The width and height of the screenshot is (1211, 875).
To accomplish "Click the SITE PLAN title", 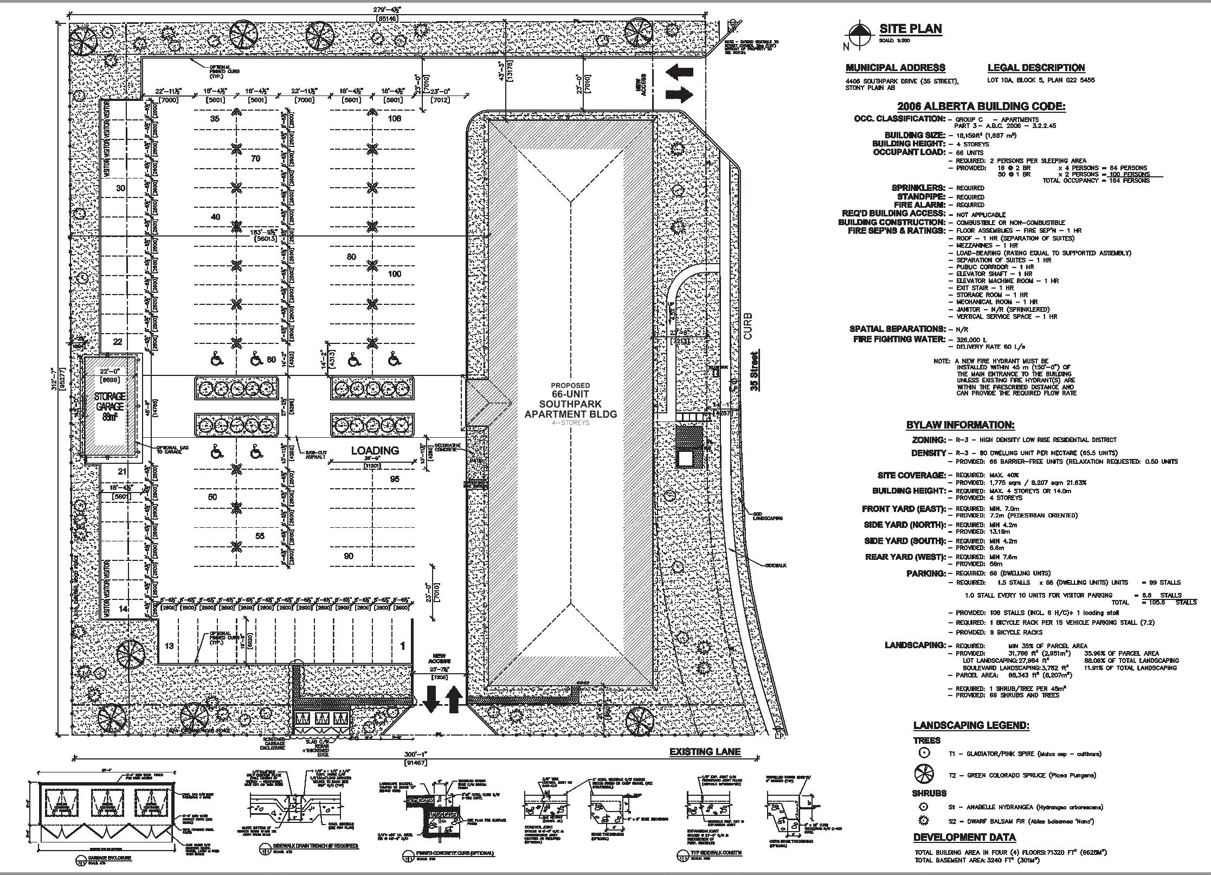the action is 910,29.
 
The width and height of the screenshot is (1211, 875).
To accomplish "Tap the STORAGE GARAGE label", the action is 110,401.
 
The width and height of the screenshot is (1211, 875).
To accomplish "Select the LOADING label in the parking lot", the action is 375,450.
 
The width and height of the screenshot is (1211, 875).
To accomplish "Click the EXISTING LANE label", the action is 705,751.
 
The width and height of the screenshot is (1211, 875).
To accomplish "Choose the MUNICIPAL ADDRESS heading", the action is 895,68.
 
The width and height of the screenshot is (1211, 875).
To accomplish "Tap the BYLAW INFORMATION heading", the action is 960,425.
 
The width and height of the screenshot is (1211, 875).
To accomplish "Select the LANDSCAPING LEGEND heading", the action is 971,725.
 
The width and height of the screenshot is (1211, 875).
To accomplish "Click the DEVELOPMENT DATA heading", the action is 964,837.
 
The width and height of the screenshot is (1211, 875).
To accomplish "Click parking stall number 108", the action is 394,118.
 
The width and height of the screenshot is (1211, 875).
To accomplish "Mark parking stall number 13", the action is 170,646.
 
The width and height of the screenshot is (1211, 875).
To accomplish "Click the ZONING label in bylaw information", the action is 929,440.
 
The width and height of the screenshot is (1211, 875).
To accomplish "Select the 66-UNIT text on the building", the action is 570,394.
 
